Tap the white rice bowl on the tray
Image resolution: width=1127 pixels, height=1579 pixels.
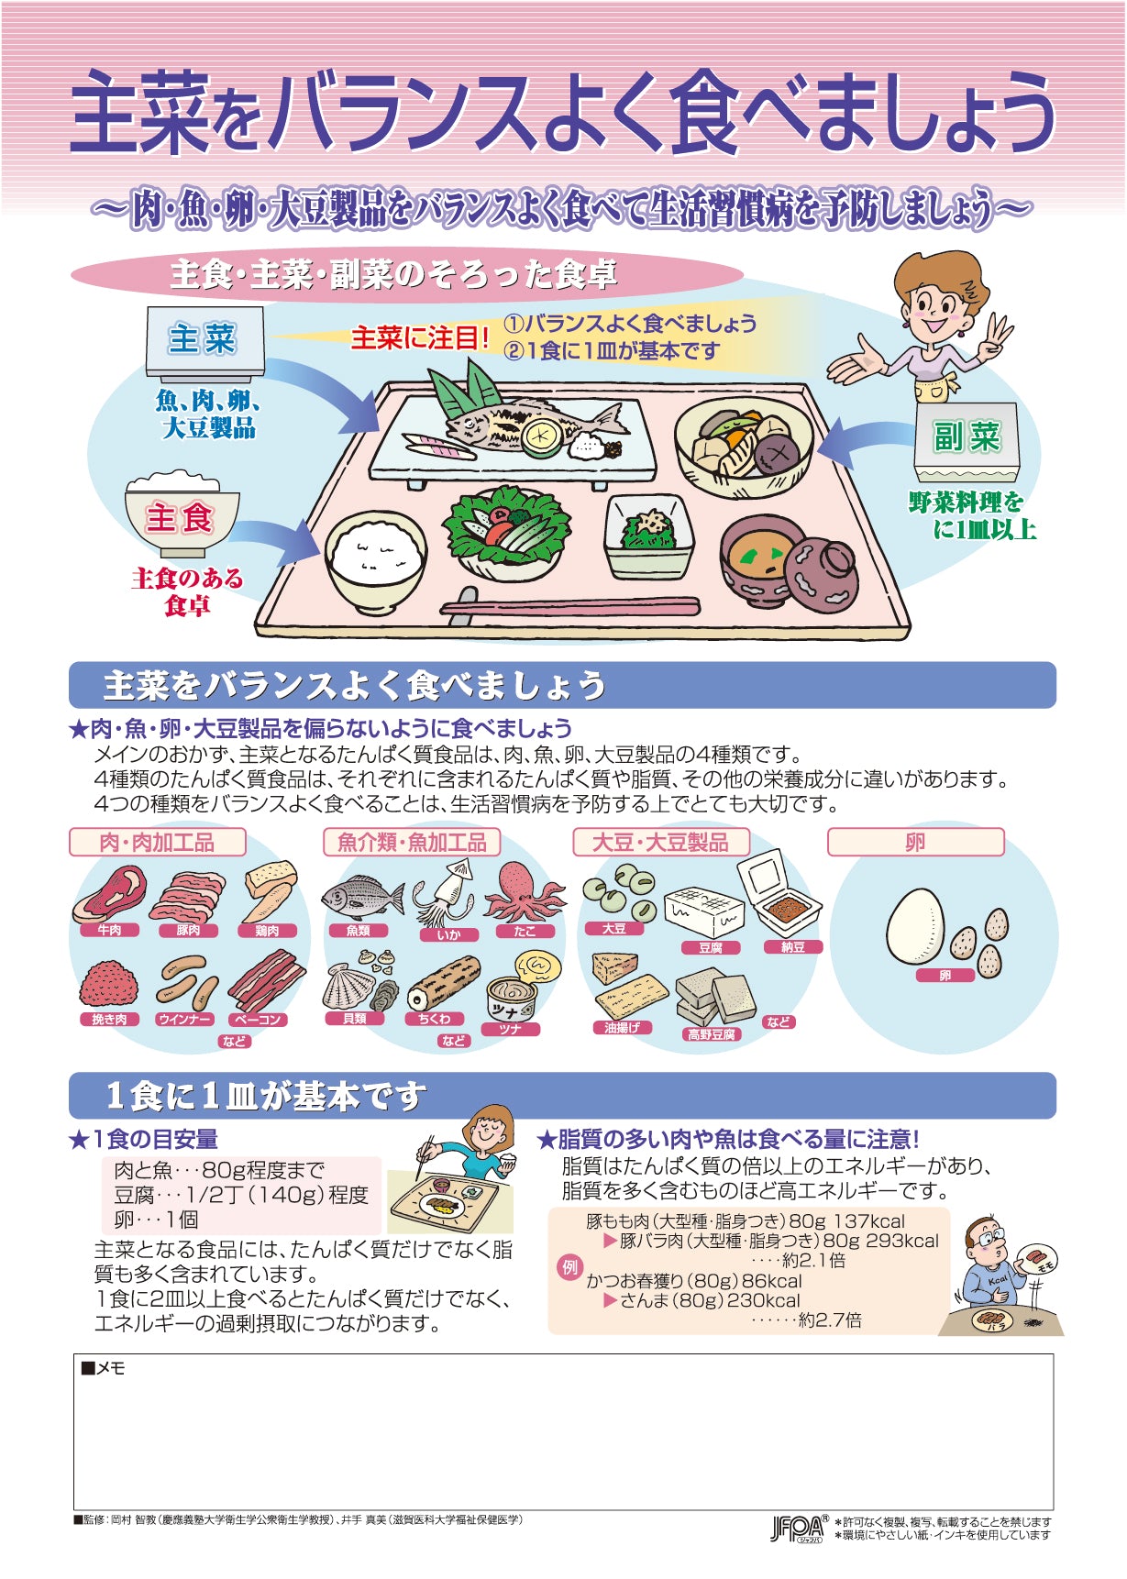click(375, 560)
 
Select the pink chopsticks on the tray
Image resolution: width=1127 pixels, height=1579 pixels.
click(569, 606)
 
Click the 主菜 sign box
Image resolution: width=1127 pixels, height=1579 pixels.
click(204, 344)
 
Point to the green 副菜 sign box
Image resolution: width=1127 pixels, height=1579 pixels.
click(967, 442)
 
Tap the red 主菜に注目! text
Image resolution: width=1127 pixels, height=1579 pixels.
click(421, 338)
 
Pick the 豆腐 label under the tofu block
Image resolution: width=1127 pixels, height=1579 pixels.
click(711, 948)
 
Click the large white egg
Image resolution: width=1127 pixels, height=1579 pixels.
click(914, 927)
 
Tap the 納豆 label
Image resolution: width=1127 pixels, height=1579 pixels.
click(793, 947)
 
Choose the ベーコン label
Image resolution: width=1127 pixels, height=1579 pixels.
click(258, 1020)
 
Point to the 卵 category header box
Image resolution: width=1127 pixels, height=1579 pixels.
click(916, 842)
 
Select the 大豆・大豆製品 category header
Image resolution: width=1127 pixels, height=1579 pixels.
click(660, 842)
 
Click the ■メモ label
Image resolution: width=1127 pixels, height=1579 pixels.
click(103, 1368)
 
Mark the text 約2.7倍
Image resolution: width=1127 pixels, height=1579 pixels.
click(830, 1320)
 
